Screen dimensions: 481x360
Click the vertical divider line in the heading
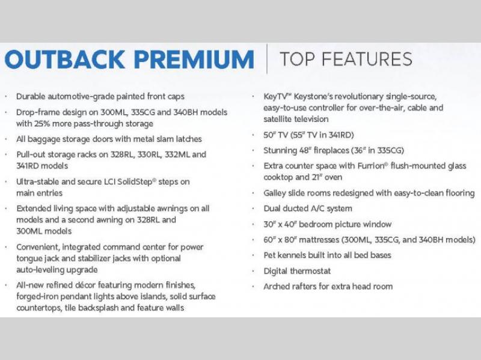pyautogui.click(x=266, y=58)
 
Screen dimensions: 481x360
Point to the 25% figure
pyautogui.click(x=40, y=124)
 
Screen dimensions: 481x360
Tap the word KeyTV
pyautogui.click(x=276, y=97)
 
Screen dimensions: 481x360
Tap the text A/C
pyautogui.click(x=317, y=209)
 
